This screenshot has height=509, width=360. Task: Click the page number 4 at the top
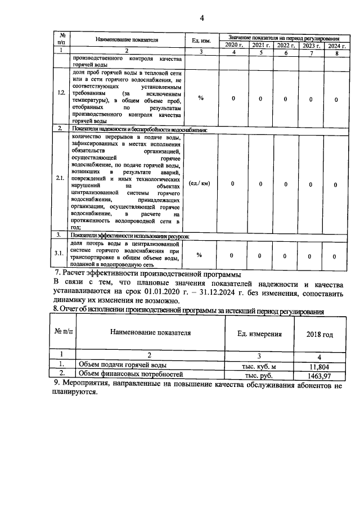[202, 18]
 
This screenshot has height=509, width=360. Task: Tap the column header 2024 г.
[336, 44]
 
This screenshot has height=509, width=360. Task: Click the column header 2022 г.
[285, 44]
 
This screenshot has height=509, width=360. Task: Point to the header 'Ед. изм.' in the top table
[201, 40]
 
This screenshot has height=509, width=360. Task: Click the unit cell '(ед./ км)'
[200, 184]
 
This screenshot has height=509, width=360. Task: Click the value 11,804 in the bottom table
[319, 366]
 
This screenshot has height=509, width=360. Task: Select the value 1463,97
[319, 375]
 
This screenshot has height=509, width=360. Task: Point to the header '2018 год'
[319, 334]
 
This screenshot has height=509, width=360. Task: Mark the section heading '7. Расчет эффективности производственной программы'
[147, 274]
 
